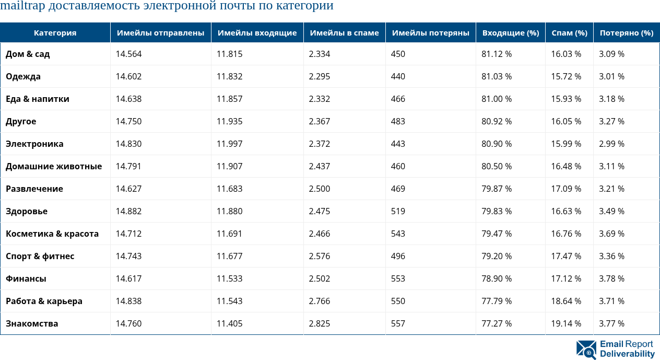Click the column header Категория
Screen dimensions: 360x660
click(x=55, y=33)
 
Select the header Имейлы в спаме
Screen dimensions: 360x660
click(x=344, y=33)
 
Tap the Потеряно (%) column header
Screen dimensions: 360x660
click(x=626, y=33)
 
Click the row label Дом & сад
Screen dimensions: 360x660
click(x=28, y=54)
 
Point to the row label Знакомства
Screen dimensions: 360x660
click(x=32, y=323)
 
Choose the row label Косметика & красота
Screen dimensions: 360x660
click(x=52, y=234)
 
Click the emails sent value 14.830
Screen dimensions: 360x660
click(x=128, y=144)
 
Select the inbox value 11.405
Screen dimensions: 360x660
click(x=230, y=323)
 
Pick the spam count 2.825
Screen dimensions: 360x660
click(x=320, y=323)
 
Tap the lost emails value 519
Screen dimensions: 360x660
click(x=398, y=211)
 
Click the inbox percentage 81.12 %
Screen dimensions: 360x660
click(x=497, y=54)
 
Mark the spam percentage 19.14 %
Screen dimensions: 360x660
click(x=566, y=323)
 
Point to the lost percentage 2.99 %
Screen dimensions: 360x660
click(x=611, y=144)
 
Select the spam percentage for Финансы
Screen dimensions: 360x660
click(x=566, y=278)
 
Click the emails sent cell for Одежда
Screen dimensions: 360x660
click(x=128, y=76)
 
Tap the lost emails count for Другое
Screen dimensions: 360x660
click(x=398, y=121)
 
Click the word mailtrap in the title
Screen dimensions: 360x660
click(x=22, y=6)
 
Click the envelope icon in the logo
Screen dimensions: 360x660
click(x=586, y=350)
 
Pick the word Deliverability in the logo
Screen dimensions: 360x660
click(x=627, y=354)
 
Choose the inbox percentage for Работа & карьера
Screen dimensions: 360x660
click(x=497, y=301)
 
